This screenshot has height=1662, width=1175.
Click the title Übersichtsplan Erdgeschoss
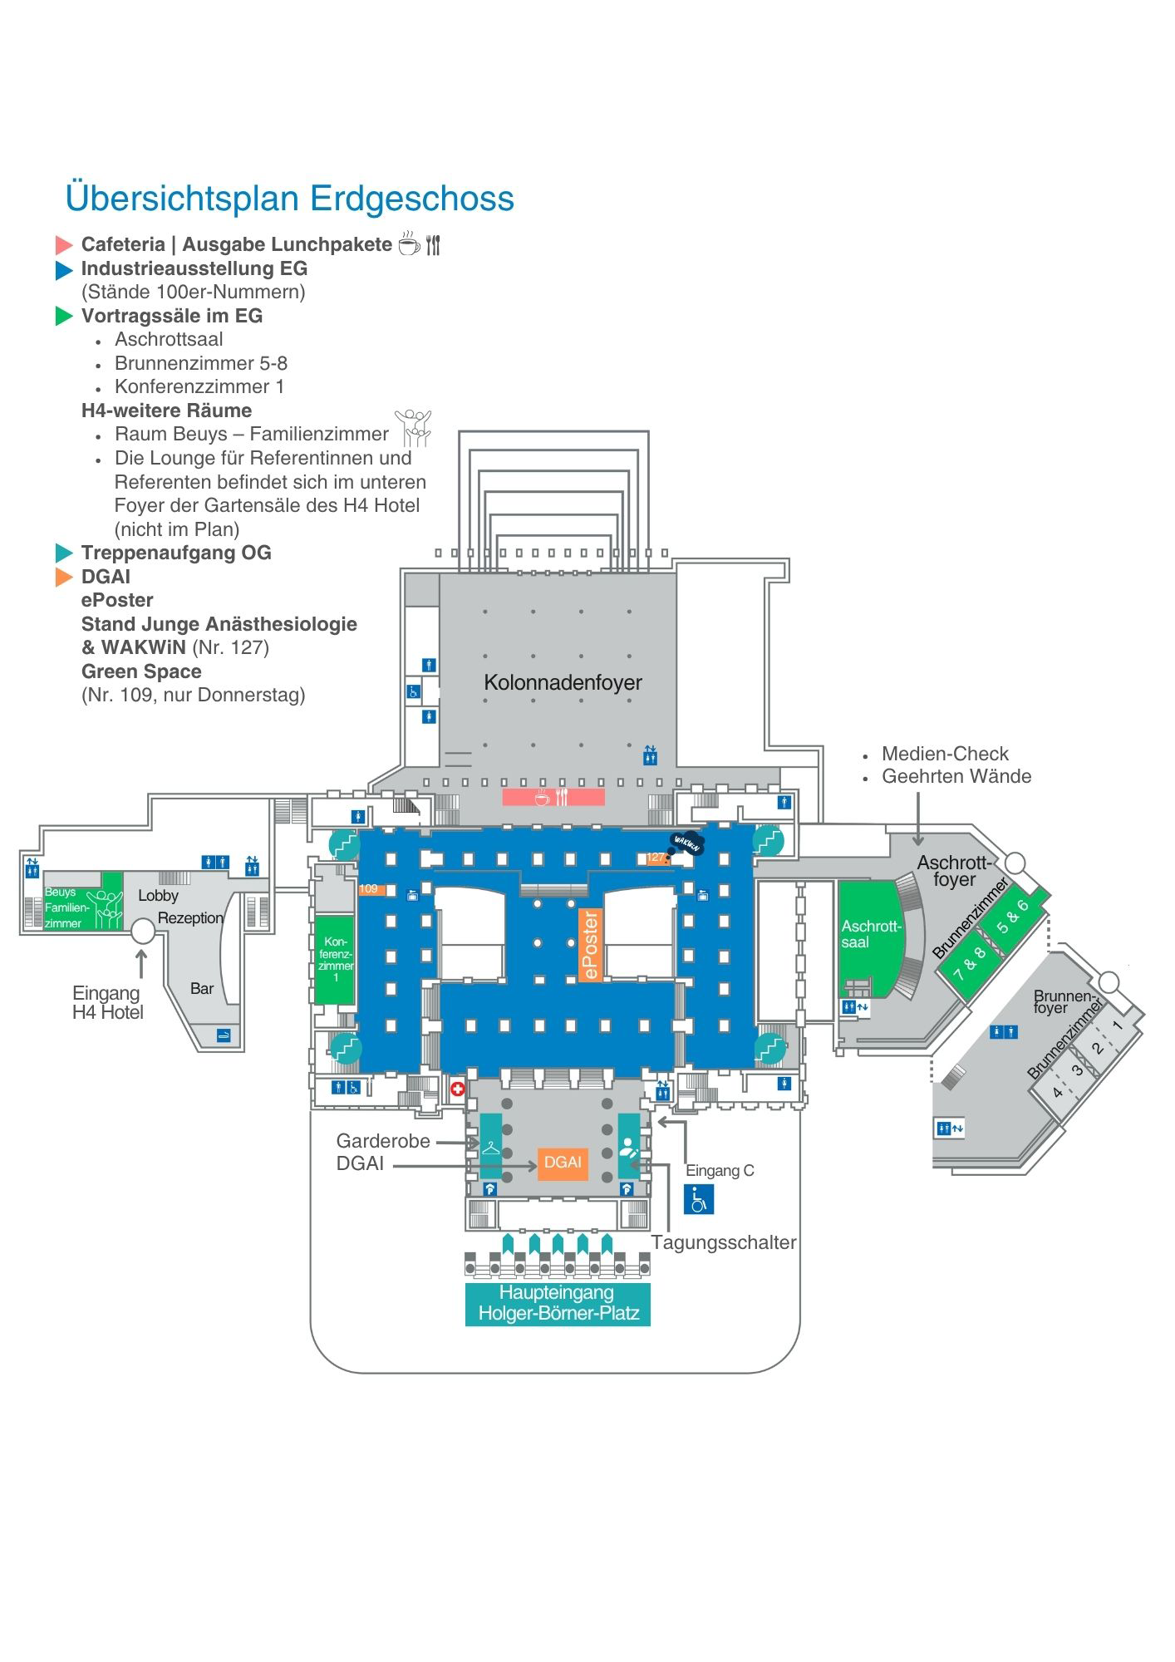pos(290,199)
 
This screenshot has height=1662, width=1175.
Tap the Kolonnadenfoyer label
pos(563,682)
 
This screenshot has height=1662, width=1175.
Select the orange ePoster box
pos(590,945)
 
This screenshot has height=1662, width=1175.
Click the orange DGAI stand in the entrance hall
pos(563,1163)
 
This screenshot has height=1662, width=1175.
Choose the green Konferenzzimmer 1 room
pos(335,959)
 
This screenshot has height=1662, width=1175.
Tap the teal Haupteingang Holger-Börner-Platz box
pos(558,1304)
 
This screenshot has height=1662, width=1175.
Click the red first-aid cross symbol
pos(457,1089)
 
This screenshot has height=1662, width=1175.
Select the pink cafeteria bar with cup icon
pos(553,798)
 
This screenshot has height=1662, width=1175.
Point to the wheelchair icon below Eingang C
pos(699,1199)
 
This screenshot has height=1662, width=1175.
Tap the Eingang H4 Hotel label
pos(107,1002)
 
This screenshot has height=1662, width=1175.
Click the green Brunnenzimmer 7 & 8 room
pos(971,963)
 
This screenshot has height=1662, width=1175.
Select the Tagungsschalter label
pos(724,1242)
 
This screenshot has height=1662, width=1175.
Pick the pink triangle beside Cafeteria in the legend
pos(64,245)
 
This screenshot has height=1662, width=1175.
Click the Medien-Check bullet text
pos(945,754)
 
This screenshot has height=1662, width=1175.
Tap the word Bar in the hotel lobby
pos(202,989)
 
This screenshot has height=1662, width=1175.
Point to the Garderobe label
pos(383,1141)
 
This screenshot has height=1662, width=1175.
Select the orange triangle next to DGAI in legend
pos(64,577)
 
